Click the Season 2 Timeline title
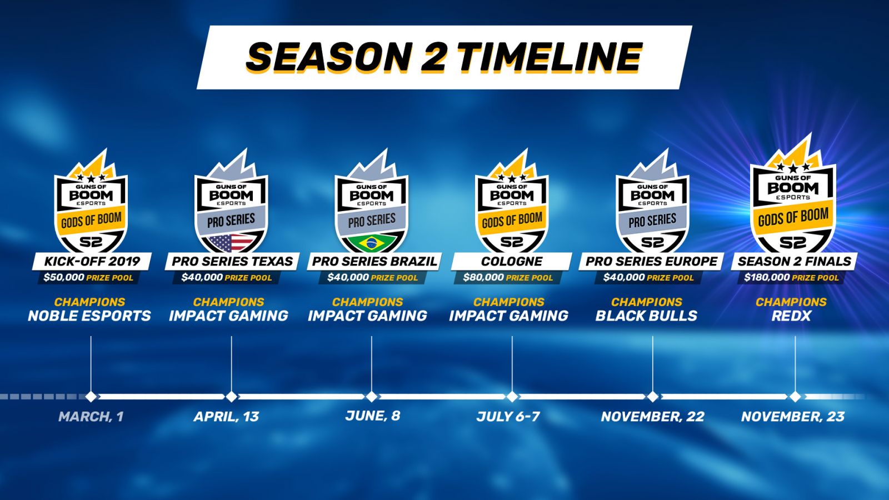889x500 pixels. tap(444, 57)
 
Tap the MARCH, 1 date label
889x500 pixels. tap(91, 417)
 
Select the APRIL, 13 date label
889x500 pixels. tap(226, 417)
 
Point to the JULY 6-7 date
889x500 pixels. tap(508, 417)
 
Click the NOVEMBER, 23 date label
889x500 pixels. tap(793, 417)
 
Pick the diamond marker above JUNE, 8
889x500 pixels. tap(372, 397)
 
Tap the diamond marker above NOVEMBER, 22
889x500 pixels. tap(652, 397)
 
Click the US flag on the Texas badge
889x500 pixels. tap(231, 243)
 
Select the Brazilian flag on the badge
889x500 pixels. tap(372, 243)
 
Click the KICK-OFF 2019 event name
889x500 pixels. tap(92, 261)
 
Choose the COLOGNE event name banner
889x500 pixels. tap(512, 261)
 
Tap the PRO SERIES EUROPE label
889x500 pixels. tap(652, 261)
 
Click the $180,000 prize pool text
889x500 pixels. tap(791, 277)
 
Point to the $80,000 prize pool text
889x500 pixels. tap(508, 277)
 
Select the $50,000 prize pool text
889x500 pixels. tap(88, 277)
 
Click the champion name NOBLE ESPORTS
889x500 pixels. tap(89, 316)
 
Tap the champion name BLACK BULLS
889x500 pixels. tap(647, 316)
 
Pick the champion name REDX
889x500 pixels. tap(791, 316)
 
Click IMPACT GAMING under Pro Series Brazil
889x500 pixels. tap(367, 316)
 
